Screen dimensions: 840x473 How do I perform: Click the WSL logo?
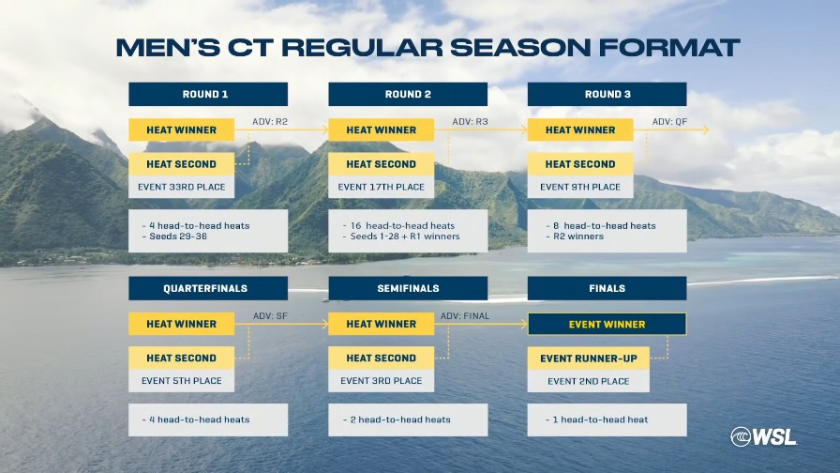(x=763, y=436)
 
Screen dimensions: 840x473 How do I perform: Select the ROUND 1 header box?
(x=208, y=95)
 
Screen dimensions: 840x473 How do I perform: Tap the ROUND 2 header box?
(x=408, y=95)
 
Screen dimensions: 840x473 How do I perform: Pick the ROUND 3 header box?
(x=607, y=95)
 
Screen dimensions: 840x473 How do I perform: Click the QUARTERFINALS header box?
(x=208, y=288)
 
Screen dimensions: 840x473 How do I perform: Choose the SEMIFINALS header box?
(x=408, y=288)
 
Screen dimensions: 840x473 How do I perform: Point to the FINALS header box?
(x=607, y=288)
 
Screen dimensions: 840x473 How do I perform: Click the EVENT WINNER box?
(x=607, y=325)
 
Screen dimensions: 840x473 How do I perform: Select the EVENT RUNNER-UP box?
(x=588, y=359)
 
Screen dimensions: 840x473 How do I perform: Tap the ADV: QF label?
(x=669, y=122)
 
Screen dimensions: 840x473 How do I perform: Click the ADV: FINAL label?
(x=465, y=316)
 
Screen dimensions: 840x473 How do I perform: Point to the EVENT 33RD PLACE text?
(x=182, y=187)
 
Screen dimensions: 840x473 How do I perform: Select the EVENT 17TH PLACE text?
(x=381, y=187)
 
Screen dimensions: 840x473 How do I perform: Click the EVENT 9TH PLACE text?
(x=580, y=187)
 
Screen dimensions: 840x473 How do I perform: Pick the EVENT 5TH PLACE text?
(x=182, y=381)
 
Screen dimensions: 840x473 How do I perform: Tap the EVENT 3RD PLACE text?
(x=381, y=381)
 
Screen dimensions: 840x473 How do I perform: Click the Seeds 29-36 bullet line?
(x=174, y=236)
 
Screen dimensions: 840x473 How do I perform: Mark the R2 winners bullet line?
(x=575, y=236)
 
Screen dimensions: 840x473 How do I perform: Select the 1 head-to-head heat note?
(x=597, y=420)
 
